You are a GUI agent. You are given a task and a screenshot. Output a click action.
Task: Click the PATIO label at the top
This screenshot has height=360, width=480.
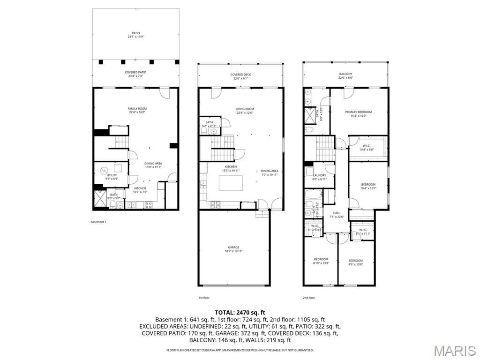click(x=135, y=35)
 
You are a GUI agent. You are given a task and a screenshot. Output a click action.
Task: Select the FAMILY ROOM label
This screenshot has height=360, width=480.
click(x=137, y=110)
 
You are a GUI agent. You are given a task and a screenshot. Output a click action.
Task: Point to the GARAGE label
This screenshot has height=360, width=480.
click(x=233, y=249)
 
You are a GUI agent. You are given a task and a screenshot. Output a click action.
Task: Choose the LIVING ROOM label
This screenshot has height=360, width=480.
click(x=245, y=111)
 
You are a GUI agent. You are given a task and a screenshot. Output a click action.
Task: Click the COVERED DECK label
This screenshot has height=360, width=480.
click(x=240, y=76)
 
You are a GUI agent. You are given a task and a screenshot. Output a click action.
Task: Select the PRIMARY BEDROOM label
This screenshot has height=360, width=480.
click(x=358, y=113)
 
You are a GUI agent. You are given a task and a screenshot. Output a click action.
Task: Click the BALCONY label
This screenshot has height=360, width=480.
click(x=345, y=76)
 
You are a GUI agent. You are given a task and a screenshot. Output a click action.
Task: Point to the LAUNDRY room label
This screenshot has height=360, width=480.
click(x=320, y=177)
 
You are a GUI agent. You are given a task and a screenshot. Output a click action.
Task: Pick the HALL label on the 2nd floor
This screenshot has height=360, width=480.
click(x=337, y=214)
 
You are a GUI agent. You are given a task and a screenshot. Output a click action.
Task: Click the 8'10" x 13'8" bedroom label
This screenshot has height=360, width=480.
click(x=321, y=261)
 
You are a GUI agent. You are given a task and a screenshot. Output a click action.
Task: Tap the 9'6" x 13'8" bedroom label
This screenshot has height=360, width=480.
click(x=355, y=262)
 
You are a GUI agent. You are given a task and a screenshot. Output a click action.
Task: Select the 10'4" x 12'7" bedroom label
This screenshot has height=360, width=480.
click(x=368, y=186)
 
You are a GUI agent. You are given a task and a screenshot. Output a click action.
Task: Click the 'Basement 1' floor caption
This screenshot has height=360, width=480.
click(x=98, y=222)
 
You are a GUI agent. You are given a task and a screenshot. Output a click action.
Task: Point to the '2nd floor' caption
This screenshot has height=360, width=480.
click(x=308, y=298)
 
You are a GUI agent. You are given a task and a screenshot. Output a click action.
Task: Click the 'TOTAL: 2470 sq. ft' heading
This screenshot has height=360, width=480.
click(x=240, y=312)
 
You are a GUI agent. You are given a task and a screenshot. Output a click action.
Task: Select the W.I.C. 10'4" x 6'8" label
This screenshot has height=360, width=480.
click(x=367, y=147)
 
